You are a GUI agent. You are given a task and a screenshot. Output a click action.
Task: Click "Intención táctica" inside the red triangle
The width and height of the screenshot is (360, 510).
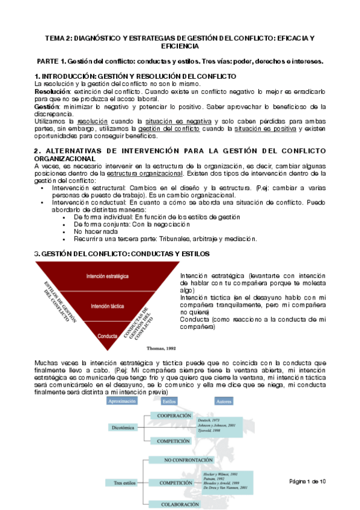tap(108, 306)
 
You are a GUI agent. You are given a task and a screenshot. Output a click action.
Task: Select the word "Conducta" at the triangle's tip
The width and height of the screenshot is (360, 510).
tap(108, 336)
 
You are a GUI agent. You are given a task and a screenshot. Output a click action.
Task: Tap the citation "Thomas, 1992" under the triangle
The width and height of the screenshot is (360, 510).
tap(145, 348)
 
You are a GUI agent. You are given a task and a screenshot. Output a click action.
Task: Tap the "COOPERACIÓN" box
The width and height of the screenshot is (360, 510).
tap(174, 416)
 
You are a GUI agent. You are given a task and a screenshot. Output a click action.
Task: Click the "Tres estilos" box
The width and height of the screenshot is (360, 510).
tap(126, 482)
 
